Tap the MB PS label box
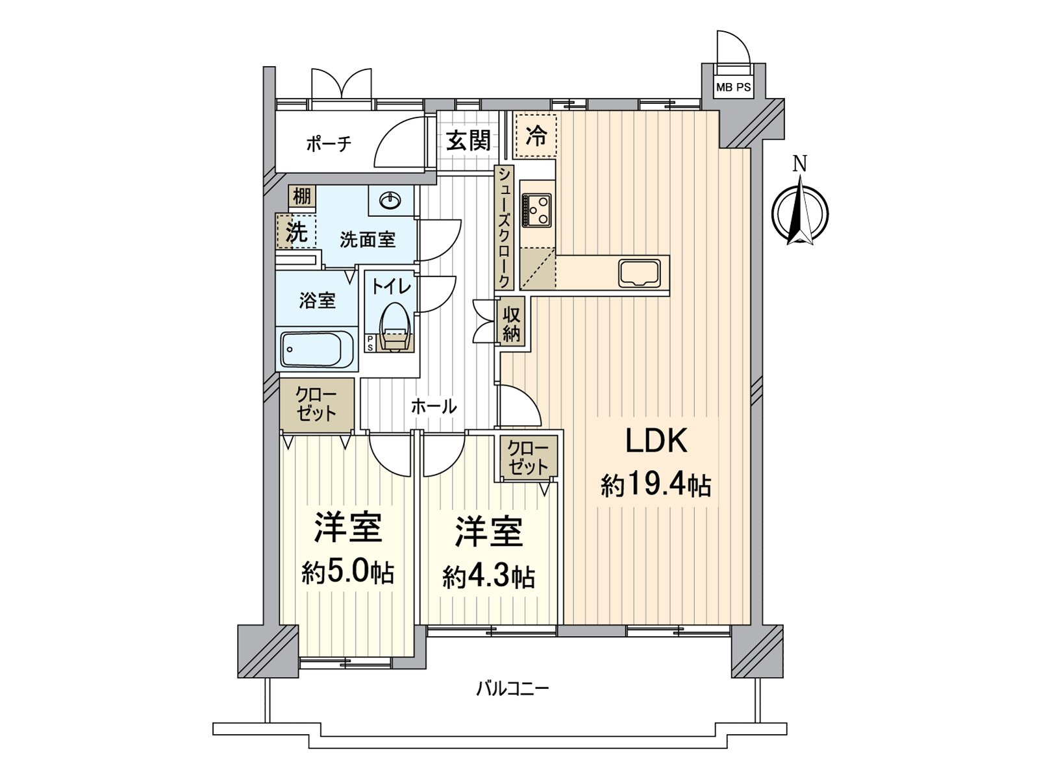734,87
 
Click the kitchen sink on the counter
640,273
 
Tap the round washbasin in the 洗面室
390,201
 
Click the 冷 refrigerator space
535,136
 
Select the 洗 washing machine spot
296,232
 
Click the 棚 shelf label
301,195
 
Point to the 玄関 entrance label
468,140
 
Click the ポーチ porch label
329,143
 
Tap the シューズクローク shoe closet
503,227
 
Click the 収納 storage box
512,325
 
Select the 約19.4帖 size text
655,486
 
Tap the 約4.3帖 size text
488,576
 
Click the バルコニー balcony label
512,688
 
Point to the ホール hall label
433,407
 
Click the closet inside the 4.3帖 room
527,458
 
